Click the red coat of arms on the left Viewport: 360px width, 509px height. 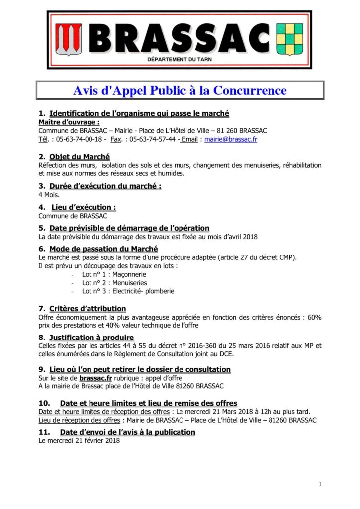click(68, 40)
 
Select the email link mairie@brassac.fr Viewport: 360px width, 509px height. click(231, 140)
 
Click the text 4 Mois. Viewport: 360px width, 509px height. click(49, 195)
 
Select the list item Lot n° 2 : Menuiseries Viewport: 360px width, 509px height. click(114, 282)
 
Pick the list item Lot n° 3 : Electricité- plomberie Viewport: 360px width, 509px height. click(128, 291)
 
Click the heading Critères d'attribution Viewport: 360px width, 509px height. click(88, 309)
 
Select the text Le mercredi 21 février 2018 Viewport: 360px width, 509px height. click(79, 441)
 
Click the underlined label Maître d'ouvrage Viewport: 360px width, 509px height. click(69, 122)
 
